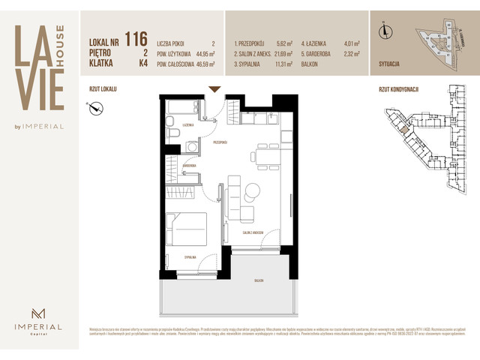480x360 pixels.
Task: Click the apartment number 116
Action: (x=136, y=39)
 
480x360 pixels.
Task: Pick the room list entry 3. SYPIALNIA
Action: (x=250, y=64)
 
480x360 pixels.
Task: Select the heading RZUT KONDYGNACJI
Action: (x=399, y=89)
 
